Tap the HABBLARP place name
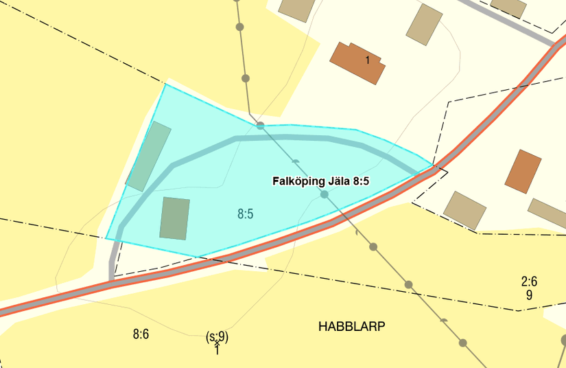coord(352,327)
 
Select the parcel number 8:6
coord(141,334)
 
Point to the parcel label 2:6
coord(529,281)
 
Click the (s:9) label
coord(217,336)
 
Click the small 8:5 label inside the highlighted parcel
coord(246,214)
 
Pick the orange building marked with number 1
coord(357,62)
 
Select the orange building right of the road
coord(523,170)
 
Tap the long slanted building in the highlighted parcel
coord(149,157)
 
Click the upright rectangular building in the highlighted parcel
coord(174,218)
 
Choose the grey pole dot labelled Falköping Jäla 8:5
coord(325,195)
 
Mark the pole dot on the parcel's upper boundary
coord(261,126)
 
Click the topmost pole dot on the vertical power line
coord(239,27)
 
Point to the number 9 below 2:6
coord(529,295)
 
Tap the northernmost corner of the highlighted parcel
coord(165,84)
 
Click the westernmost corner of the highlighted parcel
coord(106,238)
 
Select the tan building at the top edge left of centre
coord(297,8)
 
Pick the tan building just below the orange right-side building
coord(465,209)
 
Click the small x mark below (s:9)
coord(217,343)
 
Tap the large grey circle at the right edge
coord(563,340)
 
